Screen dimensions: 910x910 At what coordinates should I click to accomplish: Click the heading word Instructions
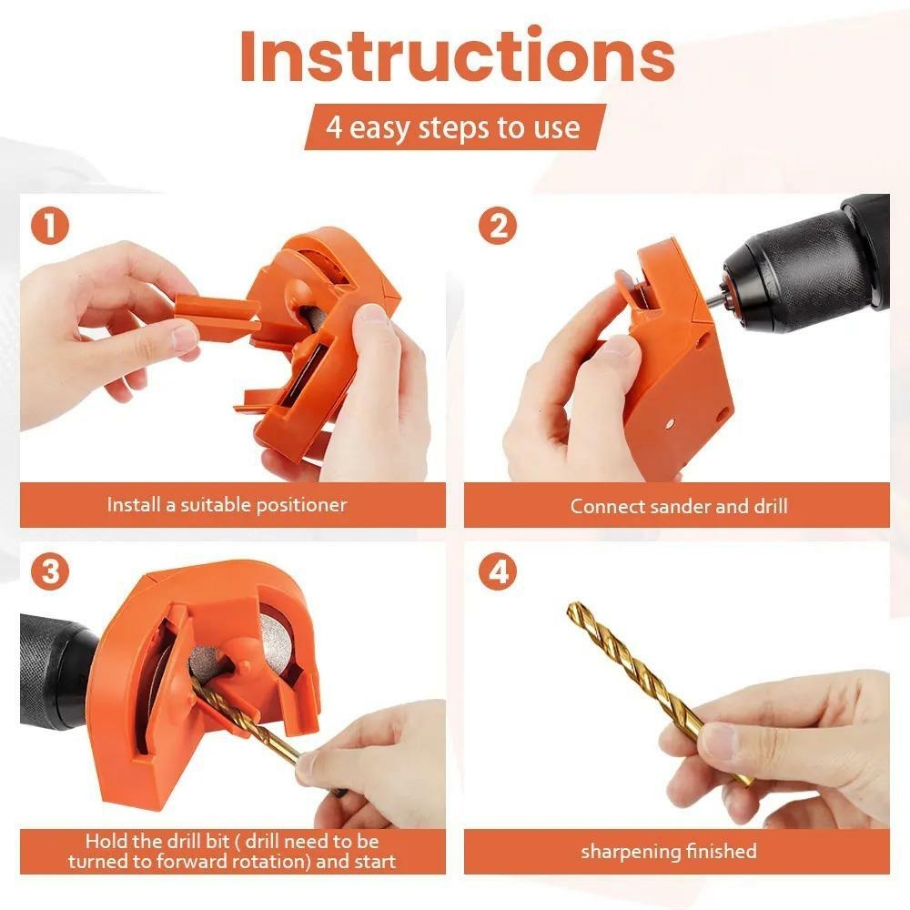coord(456,56)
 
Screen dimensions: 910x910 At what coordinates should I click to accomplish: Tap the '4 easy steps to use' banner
coord(453,127)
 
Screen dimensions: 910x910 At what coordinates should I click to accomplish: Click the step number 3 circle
coord(49,572)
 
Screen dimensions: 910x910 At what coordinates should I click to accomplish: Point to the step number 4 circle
coord(497,572)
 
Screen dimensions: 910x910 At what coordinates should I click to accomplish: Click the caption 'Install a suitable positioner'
coord(227,504)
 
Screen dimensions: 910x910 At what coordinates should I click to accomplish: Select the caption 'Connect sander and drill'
coord(678,506)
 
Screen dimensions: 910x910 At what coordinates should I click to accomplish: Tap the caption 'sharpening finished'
coord(669,852)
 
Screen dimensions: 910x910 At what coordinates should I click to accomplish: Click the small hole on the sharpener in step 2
coord(671,424)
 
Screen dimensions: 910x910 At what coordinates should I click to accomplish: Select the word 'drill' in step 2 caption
coord(767,506)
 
